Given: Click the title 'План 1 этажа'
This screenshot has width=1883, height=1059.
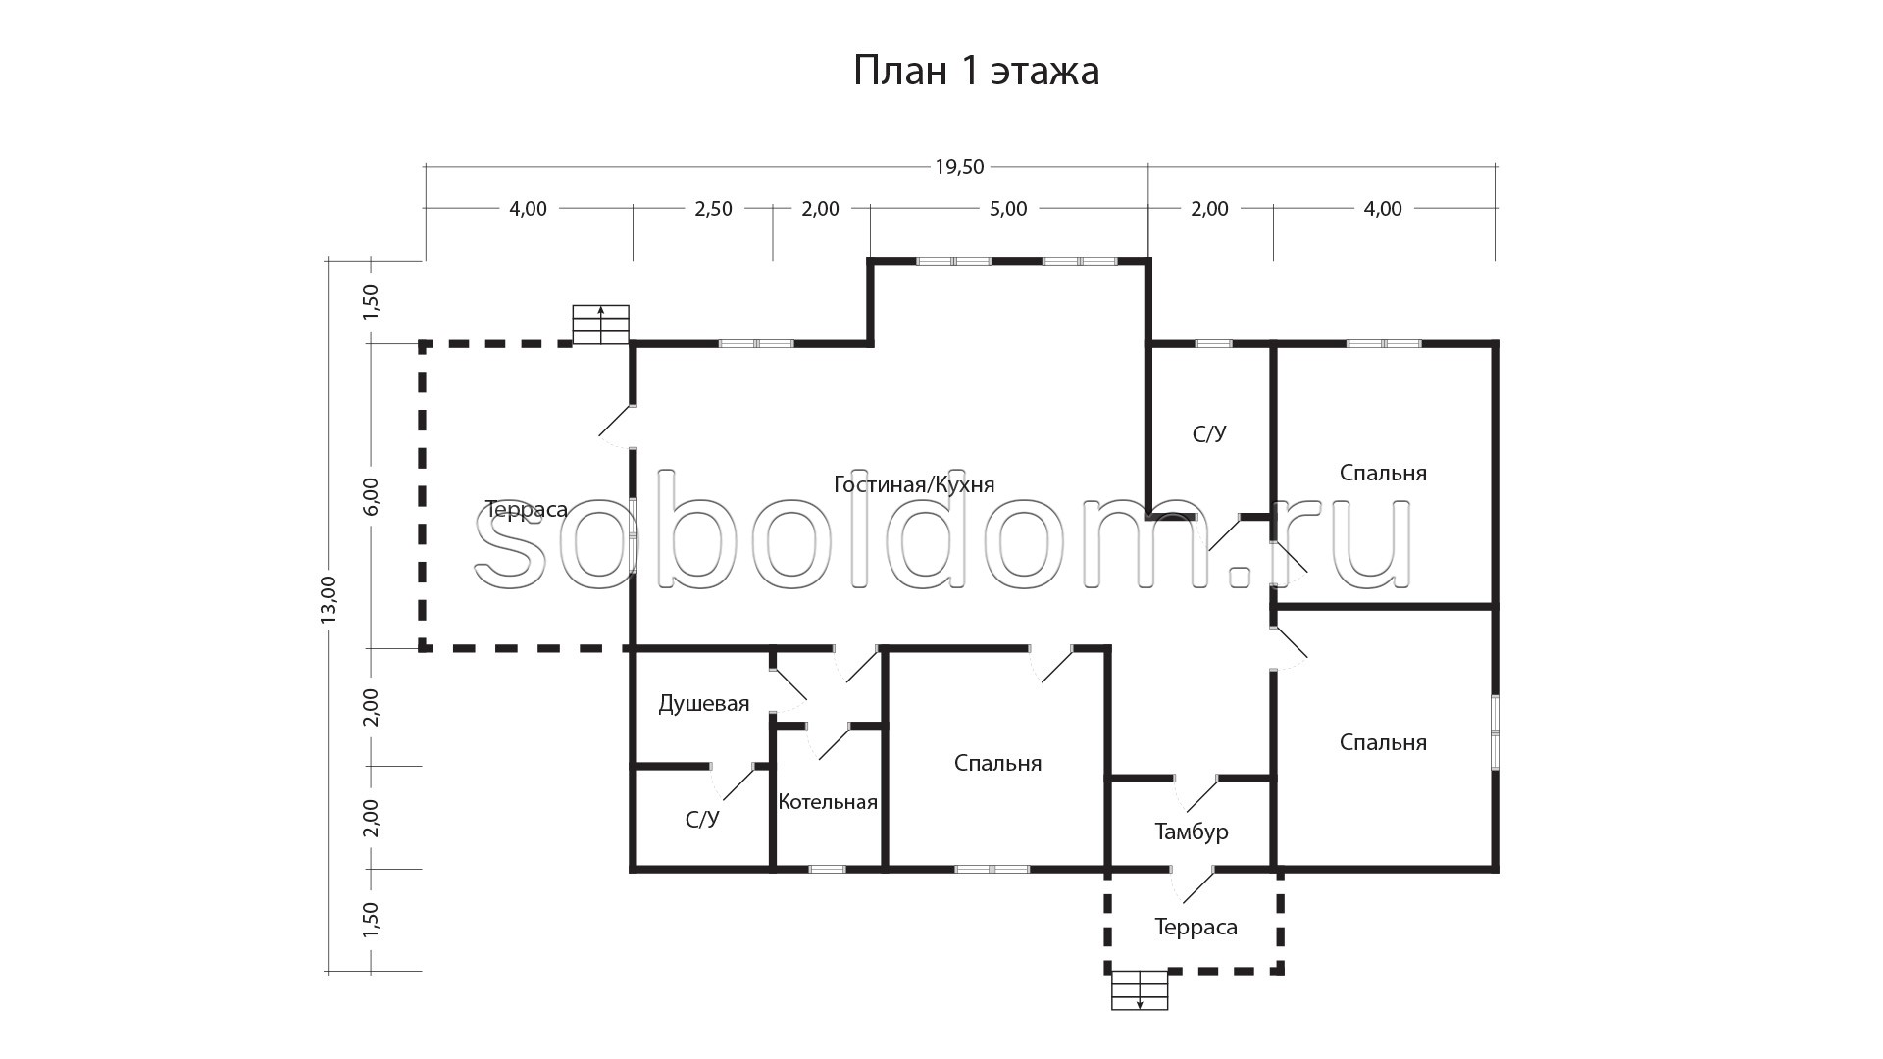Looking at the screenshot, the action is click(976, 72).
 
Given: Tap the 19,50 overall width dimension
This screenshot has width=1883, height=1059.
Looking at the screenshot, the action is click(959, 167).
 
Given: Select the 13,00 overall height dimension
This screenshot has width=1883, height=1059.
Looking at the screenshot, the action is click(329, 598).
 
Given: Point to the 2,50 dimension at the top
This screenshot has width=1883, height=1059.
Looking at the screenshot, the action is click(713, 209).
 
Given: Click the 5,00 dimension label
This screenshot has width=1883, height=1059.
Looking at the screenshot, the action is click(1008, 209).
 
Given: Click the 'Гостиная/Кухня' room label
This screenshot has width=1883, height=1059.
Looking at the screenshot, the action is click(914, 485).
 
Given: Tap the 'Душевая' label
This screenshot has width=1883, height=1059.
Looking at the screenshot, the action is click(704, 704).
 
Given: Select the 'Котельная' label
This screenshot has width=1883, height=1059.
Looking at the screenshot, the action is click(828, 802).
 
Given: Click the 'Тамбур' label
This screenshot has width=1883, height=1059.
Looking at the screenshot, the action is click(1192, 832).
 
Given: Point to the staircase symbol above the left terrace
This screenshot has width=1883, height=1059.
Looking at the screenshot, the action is click(600, 325).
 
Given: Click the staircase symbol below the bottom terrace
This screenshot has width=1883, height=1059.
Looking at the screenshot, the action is click(1140, 990).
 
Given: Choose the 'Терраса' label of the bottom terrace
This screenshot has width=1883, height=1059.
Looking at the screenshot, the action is click(1196, 928).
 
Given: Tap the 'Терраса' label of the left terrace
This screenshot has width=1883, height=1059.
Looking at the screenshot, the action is click(527, 510).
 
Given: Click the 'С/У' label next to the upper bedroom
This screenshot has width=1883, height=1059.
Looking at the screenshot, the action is click(1209, 433).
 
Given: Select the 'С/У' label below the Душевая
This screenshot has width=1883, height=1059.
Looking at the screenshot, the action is click(702, 820).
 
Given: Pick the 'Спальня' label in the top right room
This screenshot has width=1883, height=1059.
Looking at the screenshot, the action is click(1383, 474).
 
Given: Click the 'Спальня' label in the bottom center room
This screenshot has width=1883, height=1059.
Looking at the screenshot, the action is click(997, 764).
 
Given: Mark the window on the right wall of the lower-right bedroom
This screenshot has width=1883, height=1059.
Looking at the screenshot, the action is click(1495, 730).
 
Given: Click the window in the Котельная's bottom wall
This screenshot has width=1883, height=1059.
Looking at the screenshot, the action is click(828, 869).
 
